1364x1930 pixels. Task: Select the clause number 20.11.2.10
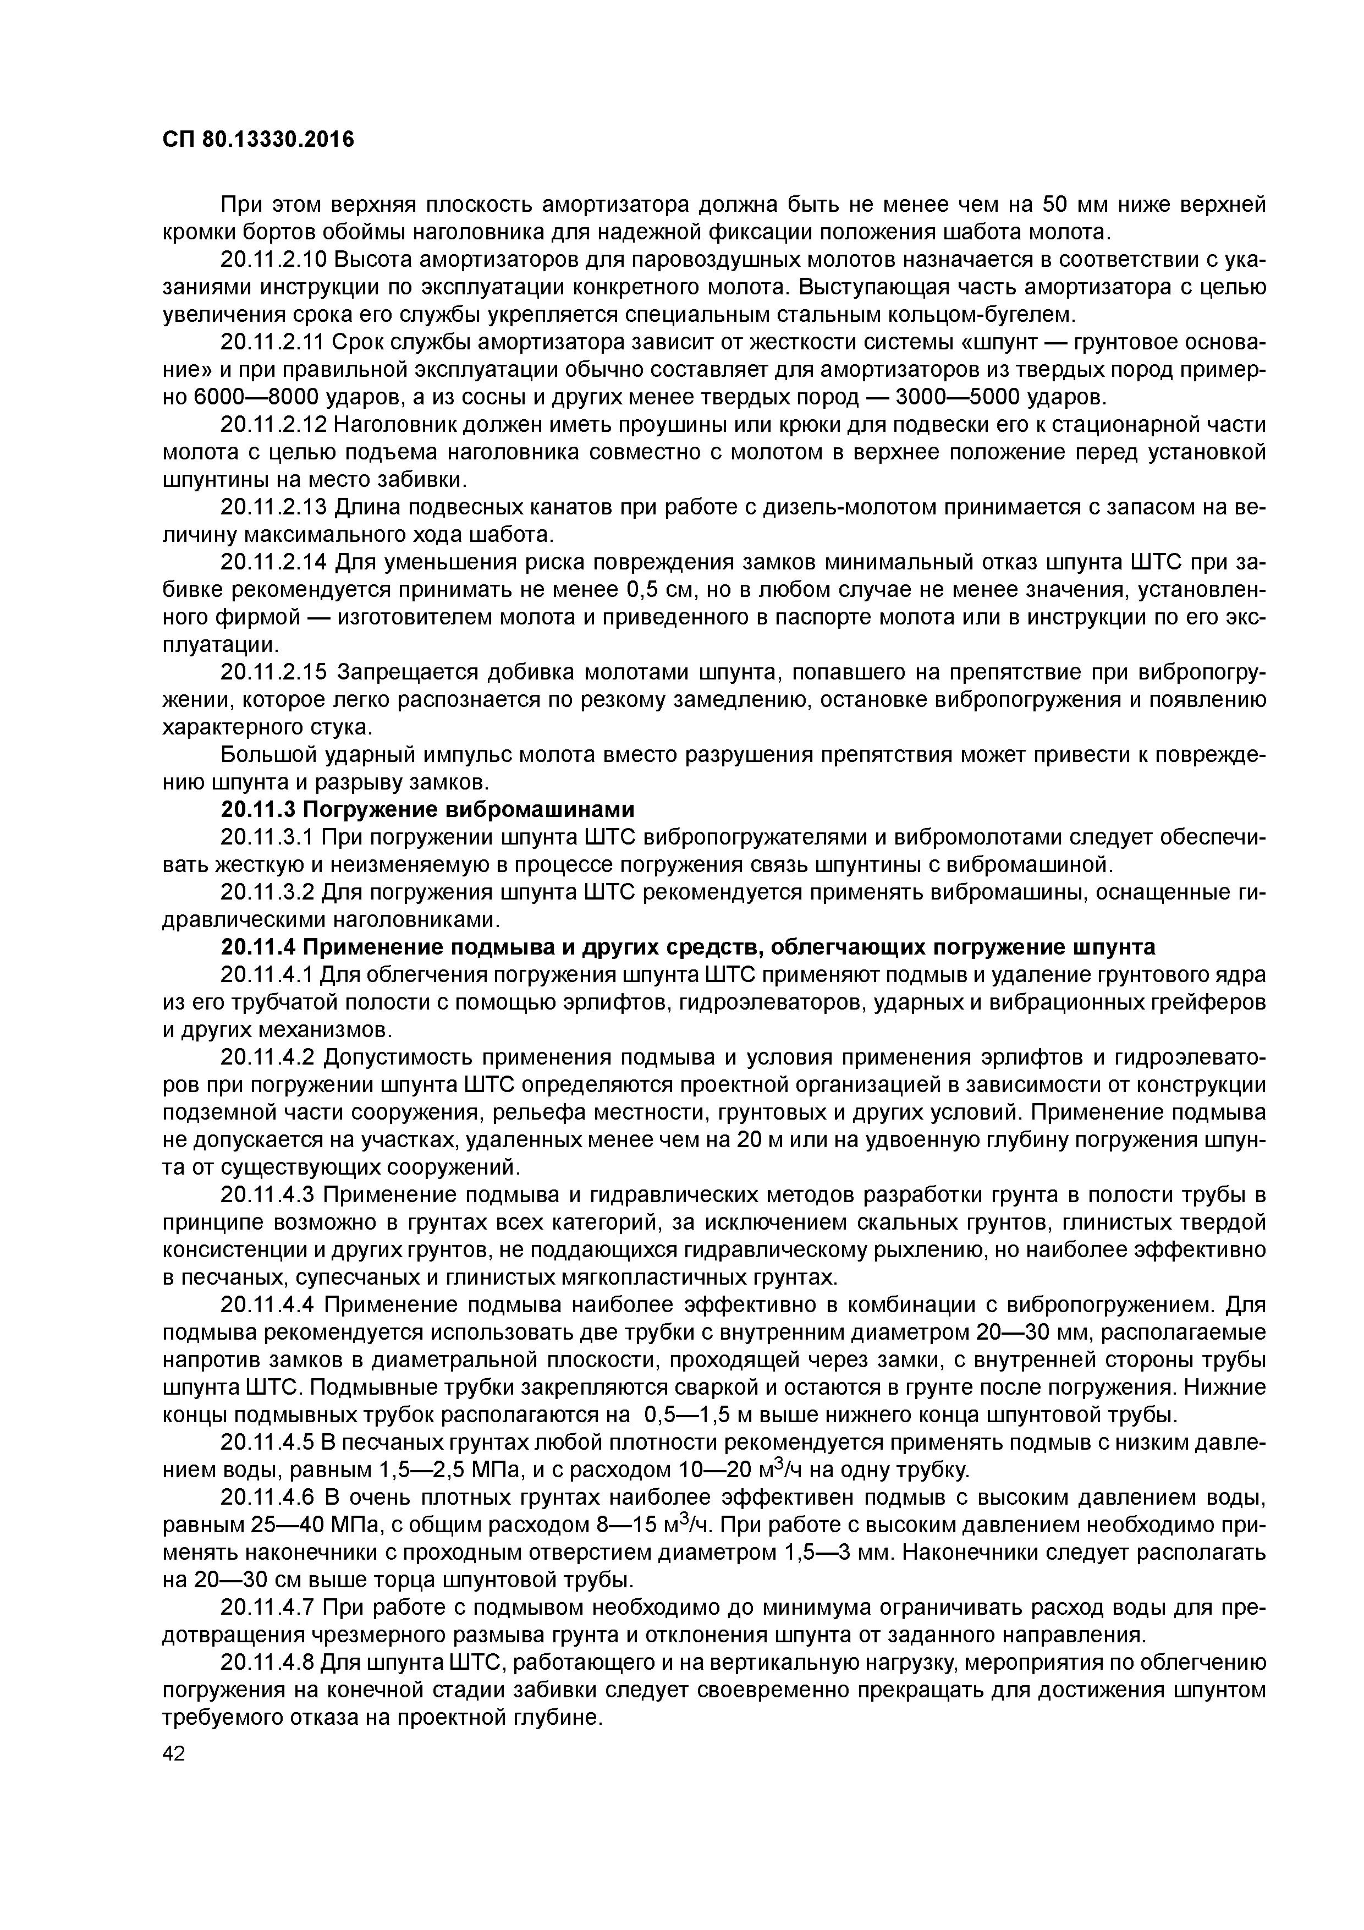273,260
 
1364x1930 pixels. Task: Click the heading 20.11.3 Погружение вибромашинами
427,809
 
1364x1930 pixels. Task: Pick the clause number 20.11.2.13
273,507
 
